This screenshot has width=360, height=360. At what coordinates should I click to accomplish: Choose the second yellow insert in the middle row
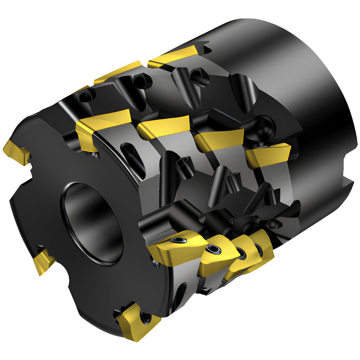point(164,126)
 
